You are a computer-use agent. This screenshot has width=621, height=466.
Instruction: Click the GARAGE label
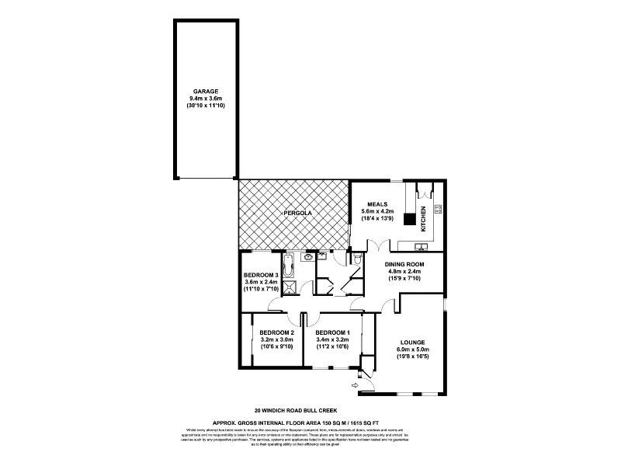tap(204, 91)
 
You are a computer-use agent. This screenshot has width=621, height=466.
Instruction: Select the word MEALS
tap(377, 203)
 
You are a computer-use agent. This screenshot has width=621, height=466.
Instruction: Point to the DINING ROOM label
tap(404, 264)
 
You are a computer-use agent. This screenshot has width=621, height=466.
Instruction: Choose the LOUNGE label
tap(412, 342)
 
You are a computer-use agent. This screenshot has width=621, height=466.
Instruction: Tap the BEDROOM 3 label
tap(261, 275)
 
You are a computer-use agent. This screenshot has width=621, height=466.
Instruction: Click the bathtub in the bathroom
tap(289, 266)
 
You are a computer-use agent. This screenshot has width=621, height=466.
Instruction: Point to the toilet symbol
tap(356, 259)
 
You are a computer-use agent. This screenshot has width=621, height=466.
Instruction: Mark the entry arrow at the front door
tap(357, 384)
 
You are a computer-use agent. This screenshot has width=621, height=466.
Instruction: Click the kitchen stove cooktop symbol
tap(437, 208)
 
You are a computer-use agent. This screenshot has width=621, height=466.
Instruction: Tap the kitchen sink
tap(420, 247)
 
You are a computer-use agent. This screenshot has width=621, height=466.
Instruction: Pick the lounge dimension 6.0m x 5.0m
tap(412, 350)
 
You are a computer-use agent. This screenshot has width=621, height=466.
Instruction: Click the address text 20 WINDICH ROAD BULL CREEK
tap(295, 409)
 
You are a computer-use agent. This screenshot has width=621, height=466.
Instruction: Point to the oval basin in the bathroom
tap(308, 257)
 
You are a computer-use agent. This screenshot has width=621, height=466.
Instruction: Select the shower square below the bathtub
tap(289, 289)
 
